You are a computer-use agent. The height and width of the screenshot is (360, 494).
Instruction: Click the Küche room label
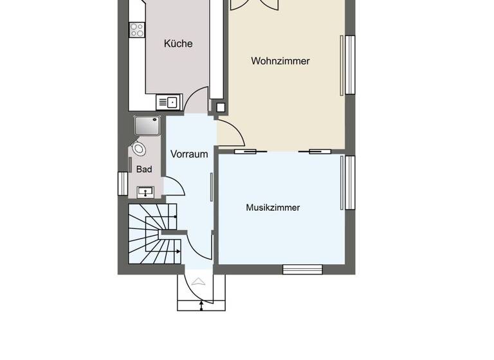tap(178, 44)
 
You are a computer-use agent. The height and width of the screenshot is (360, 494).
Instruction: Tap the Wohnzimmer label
tap(280, 61)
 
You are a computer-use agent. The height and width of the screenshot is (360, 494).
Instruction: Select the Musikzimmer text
tap(273, 208)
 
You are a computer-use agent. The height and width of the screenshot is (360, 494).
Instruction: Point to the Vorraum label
tap(189, 154)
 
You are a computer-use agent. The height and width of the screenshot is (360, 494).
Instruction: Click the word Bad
tap(144, 169)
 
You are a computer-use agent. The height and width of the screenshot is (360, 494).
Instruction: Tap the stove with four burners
tap(137, 30)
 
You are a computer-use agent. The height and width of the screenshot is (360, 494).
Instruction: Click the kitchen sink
tap(169, 102)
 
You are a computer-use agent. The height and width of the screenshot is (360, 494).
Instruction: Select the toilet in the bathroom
tap(138, 149)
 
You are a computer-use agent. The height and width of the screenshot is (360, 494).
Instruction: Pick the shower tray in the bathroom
tap(147, 126)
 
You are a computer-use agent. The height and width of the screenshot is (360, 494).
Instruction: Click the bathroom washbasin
tap(145, 190)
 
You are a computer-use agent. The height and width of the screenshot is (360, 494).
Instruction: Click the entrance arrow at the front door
tap(198, 281)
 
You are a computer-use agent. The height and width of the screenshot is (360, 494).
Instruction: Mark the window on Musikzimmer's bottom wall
tap(302, 269)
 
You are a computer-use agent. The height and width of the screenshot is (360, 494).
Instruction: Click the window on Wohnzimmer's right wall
tap(351, 64)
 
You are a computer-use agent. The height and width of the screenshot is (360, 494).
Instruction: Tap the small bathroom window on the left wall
tap(122, 183)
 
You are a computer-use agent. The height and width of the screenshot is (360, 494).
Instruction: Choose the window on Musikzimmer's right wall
tap(351, 183)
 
